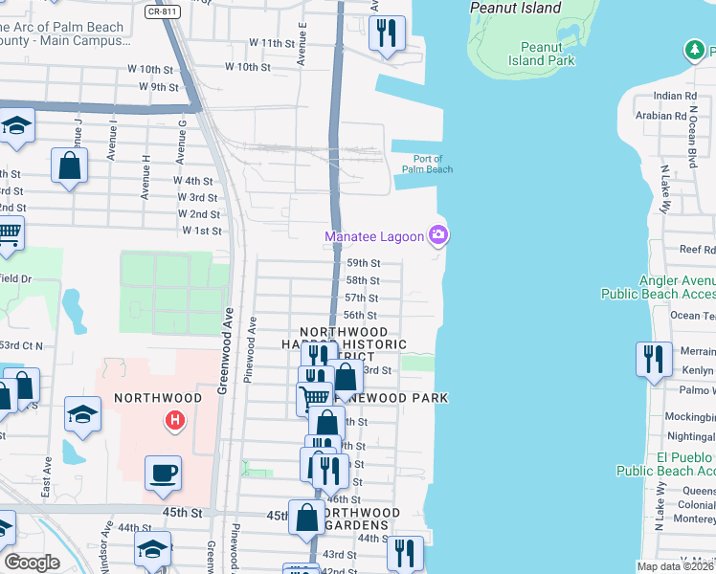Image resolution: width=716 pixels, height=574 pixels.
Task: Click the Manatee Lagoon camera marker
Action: pyautogui.click(x=438, y=234)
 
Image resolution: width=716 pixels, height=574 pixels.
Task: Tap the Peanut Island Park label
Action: pyautogui.click(x=548, y=54)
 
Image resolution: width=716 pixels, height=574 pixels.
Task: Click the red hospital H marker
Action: pyautogui.click(x=174, y=419)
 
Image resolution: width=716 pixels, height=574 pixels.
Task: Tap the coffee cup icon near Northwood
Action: pyautogui.click(x=163, y=472)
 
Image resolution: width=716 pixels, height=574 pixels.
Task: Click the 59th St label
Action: pyautogui.click(x=363, y=263)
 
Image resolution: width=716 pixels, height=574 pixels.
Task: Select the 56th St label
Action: pyautogui.click(x=360, y=316)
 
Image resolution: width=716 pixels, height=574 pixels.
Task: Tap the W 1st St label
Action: pyautogui.click(x=201, y=232)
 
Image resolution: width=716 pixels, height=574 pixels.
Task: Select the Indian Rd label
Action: pyautogui.click(x=675, y=97)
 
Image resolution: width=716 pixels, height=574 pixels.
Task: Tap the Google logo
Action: pyautogui.click(x=32, y=563)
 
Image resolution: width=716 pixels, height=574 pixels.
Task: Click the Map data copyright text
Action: pyautogui.click(x=674, y=567)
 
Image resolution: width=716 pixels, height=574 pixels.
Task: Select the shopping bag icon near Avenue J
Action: pyautogui.click(x=70, y=166)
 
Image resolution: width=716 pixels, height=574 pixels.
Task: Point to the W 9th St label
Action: pyautogui.click(x=160, y=87)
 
